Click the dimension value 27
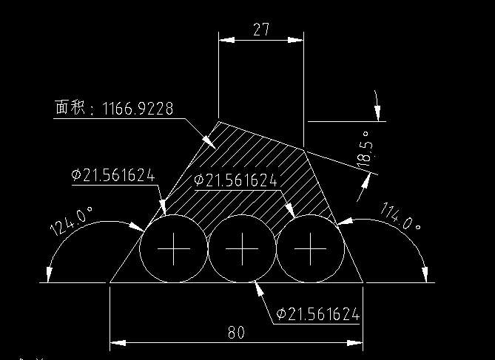(x=261, y=30)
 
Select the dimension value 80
(x=236, y=332)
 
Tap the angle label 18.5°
(x=365, y=149)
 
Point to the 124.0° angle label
(x=71, y=221)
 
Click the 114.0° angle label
(x=401, y=216)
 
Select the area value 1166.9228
(x=138, y=109)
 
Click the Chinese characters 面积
(x=70, y=107)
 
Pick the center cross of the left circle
(x=174, y=249)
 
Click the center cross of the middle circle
(x=242, y=249)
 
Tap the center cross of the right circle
(x=310, y=249)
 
